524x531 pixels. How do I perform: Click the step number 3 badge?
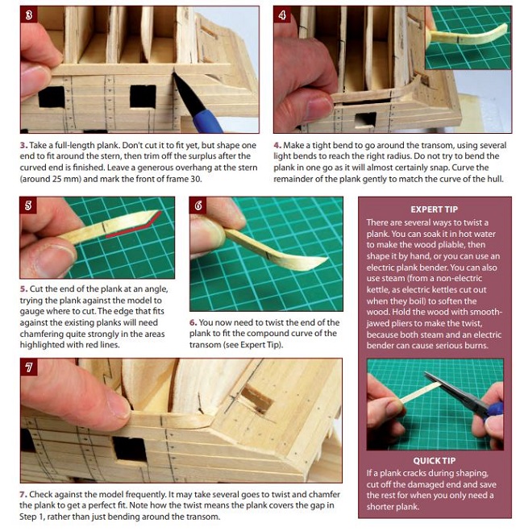(28, 15)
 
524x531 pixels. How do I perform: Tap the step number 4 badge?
(282, 15)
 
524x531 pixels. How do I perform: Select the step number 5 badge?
(28, 205)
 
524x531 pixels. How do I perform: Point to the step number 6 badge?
(198, 205)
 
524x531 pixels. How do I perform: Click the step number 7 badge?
(29, 367)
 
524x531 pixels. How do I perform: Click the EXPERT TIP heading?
(435, 209)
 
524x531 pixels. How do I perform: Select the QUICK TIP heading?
(435, 461)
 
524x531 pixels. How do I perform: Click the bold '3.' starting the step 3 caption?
(23, 145)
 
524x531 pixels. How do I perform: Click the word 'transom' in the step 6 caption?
(205, 345)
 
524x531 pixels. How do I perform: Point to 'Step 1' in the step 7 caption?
(31, 517)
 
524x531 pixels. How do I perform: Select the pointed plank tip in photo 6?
(326, 259)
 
